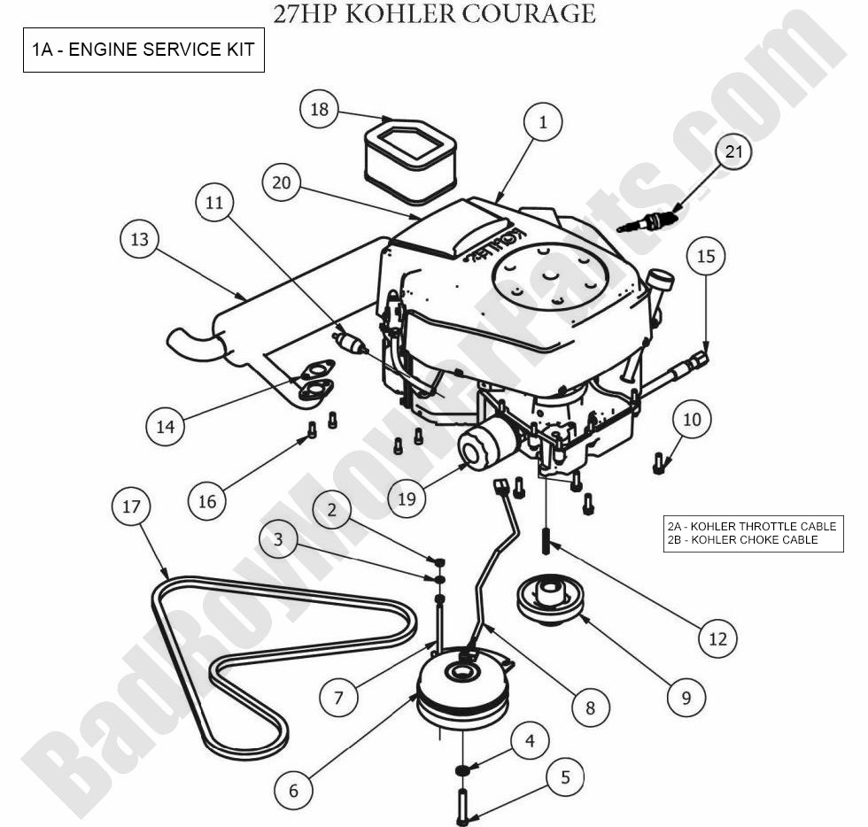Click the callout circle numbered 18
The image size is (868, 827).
[x=320, y=110]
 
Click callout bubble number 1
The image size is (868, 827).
[x=543, y=123]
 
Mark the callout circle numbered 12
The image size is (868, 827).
[x=718, y=637]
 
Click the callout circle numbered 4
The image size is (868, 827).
[x=530, y=740]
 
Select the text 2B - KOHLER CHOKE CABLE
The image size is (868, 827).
[x=743, y=539]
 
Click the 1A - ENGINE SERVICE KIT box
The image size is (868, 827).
[x=143, y=50]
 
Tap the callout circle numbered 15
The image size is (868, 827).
[x=705, y=257]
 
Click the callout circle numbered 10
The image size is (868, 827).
[x=692, y=419]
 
